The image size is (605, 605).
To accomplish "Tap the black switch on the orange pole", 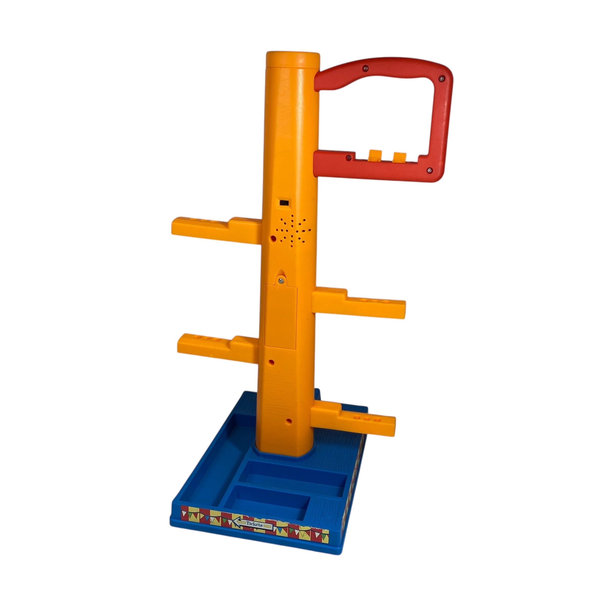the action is tap(285, 203).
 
